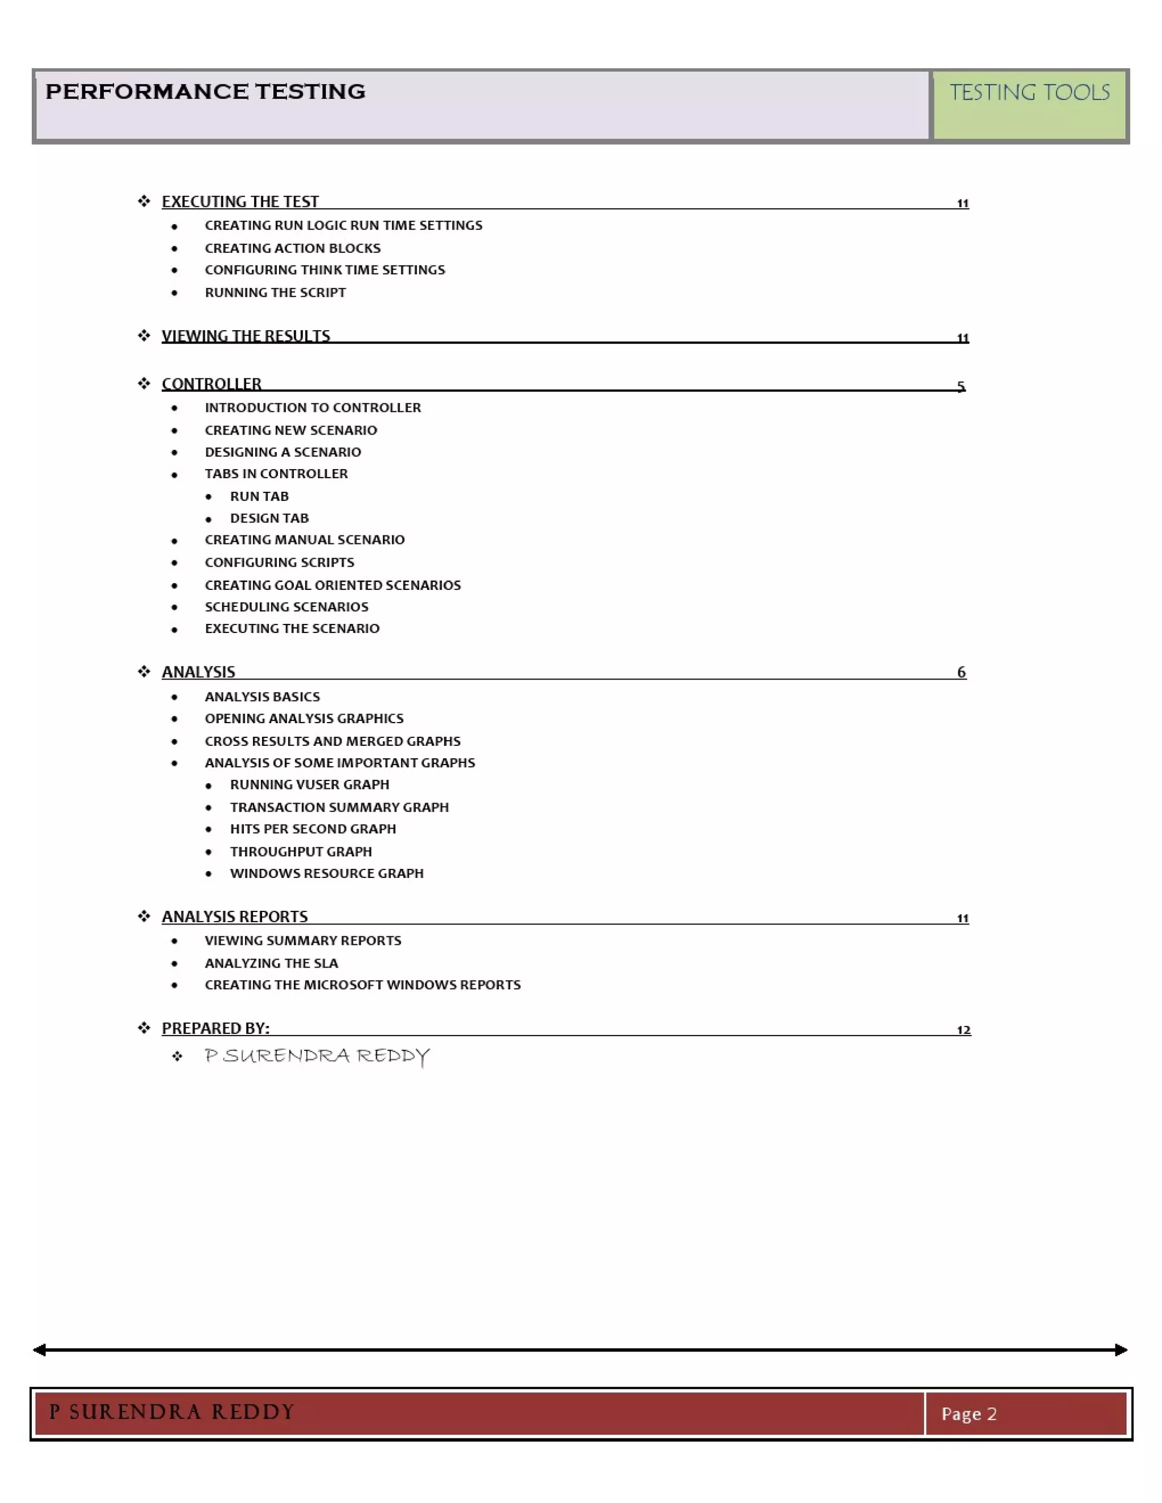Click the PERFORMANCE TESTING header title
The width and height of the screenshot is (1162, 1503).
205,91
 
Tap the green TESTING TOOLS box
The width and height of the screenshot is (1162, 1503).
1029,105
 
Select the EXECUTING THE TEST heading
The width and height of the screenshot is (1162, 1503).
239,202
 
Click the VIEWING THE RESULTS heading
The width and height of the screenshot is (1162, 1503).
246,336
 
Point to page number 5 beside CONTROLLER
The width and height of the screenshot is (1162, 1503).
961,386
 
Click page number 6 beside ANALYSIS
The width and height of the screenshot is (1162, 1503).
961,672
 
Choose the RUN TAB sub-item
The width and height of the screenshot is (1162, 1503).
259,496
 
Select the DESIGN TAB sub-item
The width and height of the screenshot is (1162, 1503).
269,518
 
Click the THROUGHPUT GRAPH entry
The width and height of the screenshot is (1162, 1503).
301,851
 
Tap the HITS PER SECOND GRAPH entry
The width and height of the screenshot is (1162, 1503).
313,829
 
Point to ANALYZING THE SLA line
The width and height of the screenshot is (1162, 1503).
271,963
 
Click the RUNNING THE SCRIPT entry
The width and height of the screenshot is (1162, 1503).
275,293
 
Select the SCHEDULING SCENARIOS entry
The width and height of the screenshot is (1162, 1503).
287,606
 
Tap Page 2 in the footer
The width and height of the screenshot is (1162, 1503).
969,1413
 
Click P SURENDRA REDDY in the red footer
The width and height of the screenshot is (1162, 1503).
171,1412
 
